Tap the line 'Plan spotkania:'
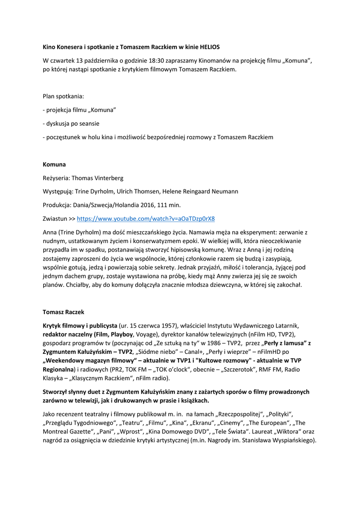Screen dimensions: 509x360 [63, 96]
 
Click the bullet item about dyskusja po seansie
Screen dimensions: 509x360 [74, 123]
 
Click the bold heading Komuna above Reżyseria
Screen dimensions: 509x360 [54, 164]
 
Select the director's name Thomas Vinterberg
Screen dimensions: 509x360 [97, 178]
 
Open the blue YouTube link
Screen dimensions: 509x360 [146, 218]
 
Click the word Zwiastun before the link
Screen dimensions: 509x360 [55, 218]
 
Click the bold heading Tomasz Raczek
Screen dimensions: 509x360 [63, 312]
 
